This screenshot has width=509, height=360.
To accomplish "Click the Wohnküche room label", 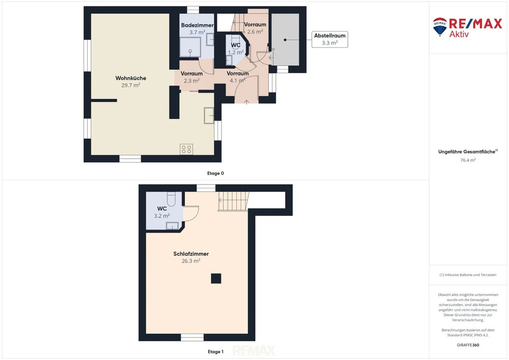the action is pyautogui.click(x=131, y=78).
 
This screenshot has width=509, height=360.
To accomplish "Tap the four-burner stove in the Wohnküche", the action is pyautogui.click(x=186, y=149).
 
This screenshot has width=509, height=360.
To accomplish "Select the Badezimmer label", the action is pyautogui.click(x=197, y=25).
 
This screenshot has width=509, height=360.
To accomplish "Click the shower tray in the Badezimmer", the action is pyautogui.click(x=190, y=47).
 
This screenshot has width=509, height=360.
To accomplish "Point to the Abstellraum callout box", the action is pyautogui.click(x=330, y=39).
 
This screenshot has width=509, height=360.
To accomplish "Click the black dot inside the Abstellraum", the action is pyautogui.click(x=285, y=40).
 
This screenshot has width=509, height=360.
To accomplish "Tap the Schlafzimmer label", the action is pyautogui.click(x=191, y=254).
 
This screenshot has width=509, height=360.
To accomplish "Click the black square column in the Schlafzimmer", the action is pyautogui.click(x=216, y=279).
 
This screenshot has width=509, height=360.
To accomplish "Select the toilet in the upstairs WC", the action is pyautogui.click(x=171, y=199).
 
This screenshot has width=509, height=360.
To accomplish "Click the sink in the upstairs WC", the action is pyautogui.click(x=172, y=226).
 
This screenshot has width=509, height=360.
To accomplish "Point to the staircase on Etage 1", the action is pyautogui.click(x=234, y=201).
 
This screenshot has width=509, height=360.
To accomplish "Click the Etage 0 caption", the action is pyautogui.click(x=215, y=173).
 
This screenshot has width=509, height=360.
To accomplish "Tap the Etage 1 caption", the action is pyautogui.click(x=215, y=352).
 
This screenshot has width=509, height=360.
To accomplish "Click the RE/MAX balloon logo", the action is pyautogui.click(x=440, y=27).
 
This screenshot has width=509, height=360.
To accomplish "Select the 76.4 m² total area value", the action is pyautogui.click(x=468, y=160).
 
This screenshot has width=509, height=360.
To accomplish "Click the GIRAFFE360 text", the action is pyautogui.click(x=468, y=345).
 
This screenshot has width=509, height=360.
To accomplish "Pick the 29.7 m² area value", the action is pyautogui.click(x=131, y=85).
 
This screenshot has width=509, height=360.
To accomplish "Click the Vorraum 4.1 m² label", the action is pyautogui.click(x=238, y=77).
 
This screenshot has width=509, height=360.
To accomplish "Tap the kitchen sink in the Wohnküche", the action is pyautogui.click(x=209, y=116).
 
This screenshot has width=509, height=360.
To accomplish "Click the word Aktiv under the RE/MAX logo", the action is pyautogui.click(x=459, y=34).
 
